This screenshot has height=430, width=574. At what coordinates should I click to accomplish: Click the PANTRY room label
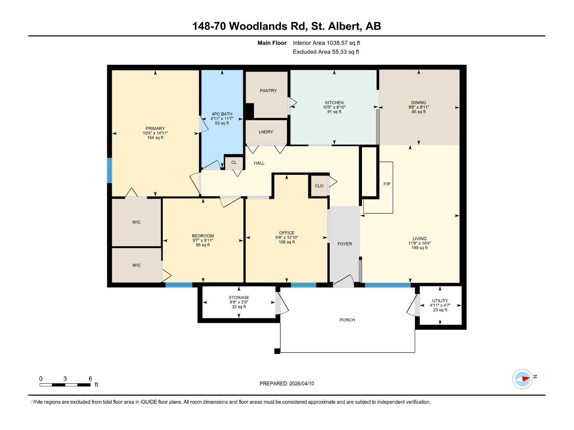point(268,91)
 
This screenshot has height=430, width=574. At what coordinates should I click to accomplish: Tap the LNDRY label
point(266,132)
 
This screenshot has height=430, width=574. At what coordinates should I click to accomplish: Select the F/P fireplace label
point(387,184)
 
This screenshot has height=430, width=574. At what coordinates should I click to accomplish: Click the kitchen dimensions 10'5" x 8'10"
point(334,107)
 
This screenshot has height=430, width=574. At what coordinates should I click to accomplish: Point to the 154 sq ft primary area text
point(155,138)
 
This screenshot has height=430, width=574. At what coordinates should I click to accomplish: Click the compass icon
point(522,379)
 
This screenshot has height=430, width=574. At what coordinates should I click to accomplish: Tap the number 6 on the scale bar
point(90,379)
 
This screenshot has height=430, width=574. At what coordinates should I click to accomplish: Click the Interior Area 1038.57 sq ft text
point(326,43)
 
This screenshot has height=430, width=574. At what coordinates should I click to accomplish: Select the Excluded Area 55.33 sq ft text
point(326,52)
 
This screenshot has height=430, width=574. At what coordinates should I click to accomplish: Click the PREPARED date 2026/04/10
point(287,383)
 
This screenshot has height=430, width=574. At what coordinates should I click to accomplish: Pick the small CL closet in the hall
point(234,162)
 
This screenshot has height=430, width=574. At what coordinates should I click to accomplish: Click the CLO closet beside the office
point(319,186)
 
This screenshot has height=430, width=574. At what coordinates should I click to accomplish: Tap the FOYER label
point(344,244)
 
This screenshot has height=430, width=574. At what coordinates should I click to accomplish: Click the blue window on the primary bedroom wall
point(110,170)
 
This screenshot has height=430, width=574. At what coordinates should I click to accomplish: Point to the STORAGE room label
point(239,297)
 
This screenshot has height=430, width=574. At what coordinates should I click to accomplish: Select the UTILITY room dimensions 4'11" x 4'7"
point(440,305)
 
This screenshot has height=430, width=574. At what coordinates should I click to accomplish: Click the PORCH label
point(347,320)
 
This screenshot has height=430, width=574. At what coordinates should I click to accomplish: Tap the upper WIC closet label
point(136,222)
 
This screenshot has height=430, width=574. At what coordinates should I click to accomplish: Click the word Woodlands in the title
point(263,26)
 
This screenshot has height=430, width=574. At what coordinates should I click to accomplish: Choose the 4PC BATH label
point(222,114)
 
